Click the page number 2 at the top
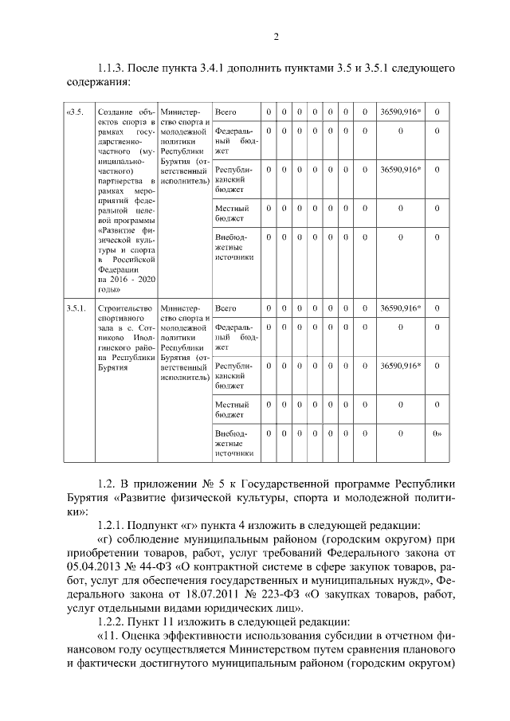276,36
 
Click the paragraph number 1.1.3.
111,69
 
